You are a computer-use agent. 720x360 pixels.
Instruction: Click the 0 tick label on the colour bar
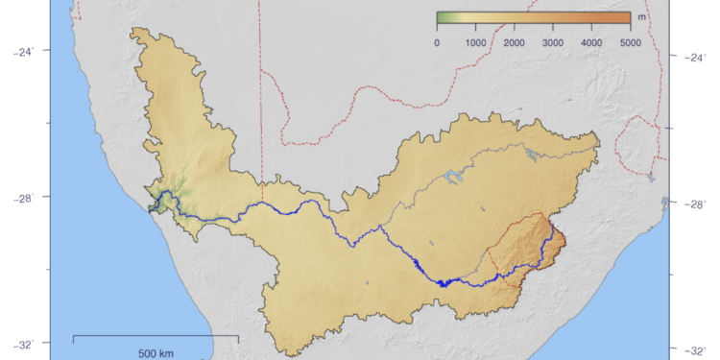(x=438, y=43)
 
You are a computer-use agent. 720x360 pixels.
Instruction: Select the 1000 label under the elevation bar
(x=475, y=43)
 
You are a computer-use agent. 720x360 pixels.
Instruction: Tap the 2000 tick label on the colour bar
(x=514, y=43)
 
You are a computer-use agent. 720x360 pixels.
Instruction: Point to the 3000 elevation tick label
(x=553, y=43)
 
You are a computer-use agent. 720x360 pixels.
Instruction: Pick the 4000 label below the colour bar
(x=591, y=43)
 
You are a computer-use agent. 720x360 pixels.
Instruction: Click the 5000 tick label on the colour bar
(x=631, y=43)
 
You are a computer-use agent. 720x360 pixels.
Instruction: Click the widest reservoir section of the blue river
(x=443, y=282)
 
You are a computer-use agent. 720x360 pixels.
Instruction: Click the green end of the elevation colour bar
(x=442, y=17)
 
